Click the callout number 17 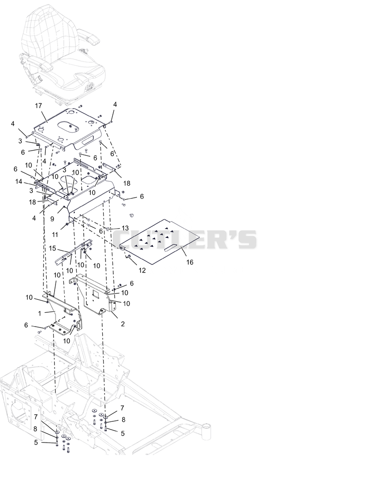tap(38, 106)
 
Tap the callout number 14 tap(18, 182)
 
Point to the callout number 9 tap(52, 219)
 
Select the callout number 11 tap(55, 235)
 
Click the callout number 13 tap(125, 228)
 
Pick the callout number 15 tap(52, 248)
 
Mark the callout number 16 tap(190, 262)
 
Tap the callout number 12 tap(142, 270)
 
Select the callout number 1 tap(40, 314)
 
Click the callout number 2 tap(123, 324)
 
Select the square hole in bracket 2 tap(95, 294)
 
